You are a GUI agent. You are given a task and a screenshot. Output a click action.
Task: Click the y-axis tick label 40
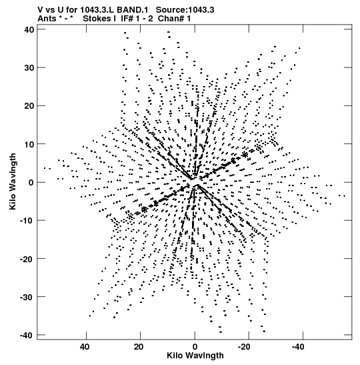pyautogui.click(x=29, y=29)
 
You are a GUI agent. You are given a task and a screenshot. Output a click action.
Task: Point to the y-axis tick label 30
pyautogui.click(x=29, y=68)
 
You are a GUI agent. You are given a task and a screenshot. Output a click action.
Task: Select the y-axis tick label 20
pyautogui.click(x=29, y=106)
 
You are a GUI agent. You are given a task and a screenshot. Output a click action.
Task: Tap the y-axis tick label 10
pyautogui.click(x=29, y=144)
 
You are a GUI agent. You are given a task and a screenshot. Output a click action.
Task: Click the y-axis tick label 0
pyautogui.click(x=31, y=182)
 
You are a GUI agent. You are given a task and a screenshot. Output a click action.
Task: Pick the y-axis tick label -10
pyautogui.click(x=27, y=220)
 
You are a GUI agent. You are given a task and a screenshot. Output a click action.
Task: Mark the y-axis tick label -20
pyautogui.click(x=27, y=259)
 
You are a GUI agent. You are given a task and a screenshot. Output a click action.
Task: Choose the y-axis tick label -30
pyautogui.click(x=27, y=297)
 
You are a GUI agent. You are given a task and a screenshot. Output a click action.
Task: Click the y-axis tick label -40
pyautogui.click(x=27, y=335)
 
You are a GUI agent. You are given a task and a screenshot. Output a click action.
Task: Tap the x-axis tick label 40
pyautogui.click(x=85, y=347)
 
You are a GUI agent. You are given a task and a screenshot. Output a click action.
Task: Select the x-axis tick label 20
pyautogui.click(x=139, y=347)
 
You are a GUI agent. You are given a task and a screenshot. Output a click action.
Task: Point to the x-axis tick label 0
pyautogui.click(x=195, y=347)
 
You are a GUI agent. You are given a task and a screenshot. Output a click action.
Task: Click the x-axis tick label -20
pyautogui.click(x=244, y=347)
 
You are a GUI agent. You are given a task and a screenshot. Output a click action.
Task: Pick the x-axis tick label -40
pyautogui.click(x=298, y=347)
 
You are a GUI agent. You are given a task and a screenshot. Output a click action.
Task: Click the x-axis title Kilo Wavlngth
pyautogui.click(x=195, y=356)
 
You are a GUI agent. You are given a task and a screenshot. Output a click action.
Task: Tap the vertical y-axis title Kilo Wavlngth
pyautogui.click(x=13, y=181)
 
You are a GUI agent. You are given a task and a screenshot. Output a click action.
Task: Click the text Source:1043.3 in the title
pyautogui.click(x=185, y=10)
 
